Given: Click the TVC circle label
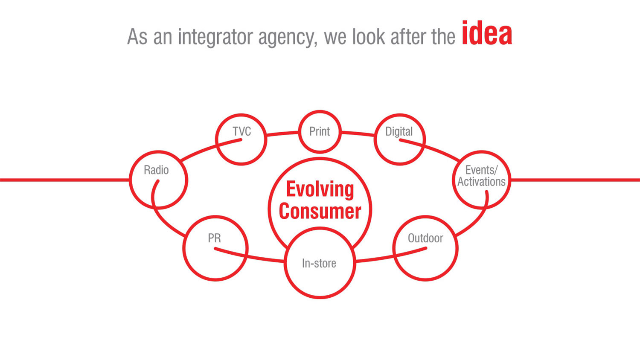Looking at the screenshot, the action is [x=242, y=131].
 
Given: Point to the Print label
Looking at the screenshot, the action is [x=320, y=131].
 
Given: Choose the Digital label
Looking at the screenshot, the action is [x=399, y=132].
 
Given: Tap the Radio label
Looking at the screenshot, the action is [x=156, y=170].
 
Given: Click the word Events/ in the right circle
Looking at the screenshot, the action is [x=481, y=170].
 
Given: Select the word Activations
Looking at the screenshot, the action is [x=481, y=182].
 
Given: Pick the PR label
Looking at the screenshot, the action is [x=214, y=238].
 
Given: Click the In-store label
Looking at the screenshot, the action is [x=319, y=263].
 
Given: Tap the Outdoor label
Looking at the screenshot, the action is [x=425, y=238].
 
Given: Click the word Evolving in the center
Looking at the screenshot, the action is [x=320, y=189].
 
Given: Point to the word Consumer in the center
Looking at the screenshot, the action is [x=320, y=211].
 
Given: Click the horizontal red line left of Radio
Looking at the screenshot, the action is [x=64, y=180].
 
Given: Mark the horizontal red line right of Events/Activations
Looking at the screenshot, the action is [x=575, y=180].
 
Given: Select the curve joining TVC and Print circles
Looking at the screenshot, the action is [x=282, y=134].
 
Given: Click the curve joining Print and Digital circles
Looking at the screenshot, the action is [x=358, y=134].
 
